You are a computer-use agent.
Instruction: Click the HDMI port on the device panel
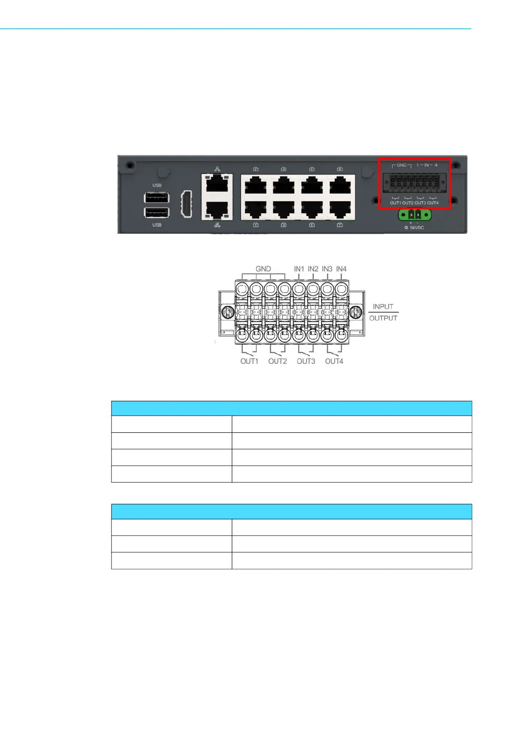tap(186, 204)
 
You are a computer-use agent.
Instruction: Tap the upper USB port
tap(157, 197)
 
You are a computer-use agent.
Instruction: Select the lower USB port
tap(157, 213)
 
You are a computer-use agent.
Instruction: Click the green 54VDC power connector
tap(414, 215)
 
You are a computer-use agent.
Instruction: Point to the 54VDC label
tap(416, 228)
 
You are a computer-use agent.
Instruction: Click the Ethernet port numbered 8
tap(340, 185)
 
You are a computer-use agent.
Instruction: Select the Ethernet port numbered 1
tap(256, 209)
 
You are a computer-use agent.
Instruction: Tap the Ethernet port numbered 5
tap(312, 209)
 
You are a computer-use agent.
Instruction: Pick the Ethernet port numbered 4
tap(284, 185)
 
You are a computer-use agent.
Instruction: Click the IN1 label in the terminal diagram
tap(299, 269)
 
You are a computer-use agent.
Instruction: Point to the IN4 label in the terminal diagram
tap(341, 269)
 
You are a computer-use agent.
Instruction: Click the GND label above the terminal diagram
tap(263, 269)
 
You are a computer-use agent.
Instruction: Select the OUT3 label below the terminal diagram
tap(306, 361)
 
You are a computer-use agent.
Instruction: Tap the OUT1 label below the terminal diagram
tap(249, 361)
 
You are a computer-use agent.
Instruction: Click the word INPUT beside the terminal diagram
tap(383, 307)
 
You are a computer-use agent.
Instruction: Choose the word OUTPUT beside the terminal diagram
tap(383, 318)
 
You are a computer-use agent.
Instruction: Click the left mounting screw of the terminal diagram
tap(227, 312)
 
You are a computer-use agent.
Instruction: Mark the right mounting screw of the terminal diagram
tap(357, 312)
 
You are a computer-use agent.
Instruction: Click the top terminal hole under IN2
tap(313, 289)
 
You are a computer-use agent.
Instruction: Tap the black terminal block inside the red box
tap(414, 182)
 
